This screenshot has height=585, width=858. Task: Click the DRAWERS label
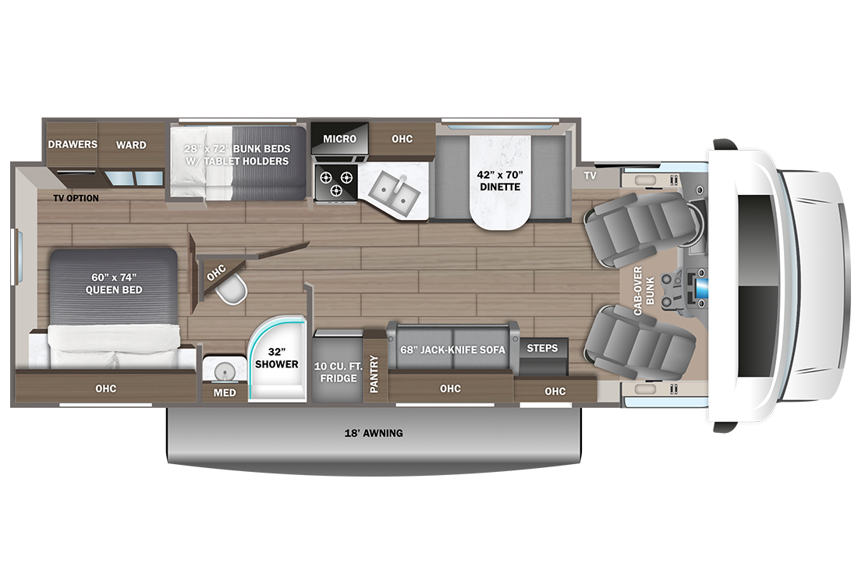73,144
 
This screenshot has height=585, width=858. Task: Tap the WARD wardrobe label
131,145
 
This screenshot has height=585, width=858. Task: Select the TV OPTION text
76,198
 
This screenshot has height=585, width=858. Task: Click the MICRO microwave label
339,139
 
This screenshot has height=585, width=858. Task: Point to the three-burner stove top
335,183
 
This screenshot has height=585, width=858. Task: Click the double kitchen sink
394,192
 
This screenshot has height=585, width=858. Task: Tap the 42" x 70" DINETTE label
500,181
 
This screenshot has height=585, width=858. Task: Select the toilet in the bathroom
232,290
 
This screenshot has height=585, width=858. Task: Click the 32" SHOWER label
276,358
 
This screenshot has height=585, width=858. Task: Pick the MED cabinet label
225,392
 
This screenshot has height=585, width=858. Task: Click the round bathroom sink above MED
224,370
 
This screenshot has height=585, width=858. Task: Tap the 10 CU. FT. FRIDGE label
339,372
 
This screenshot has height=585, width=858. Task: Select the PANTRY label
374,374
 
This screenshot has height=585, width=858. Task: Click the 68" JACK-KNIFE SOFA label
452,349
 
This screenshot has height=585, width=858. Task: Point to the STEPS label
542,348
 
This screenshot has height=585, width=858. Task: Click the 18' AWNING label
374,433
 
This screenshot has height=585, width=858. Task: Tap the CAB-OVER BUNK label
643,291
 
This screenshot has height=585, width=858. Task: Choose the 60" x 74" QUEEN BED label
114,283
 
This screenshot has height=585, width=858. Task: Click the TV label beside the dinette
590,175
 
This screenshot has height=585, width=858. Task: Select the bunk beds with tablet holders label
237,155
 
